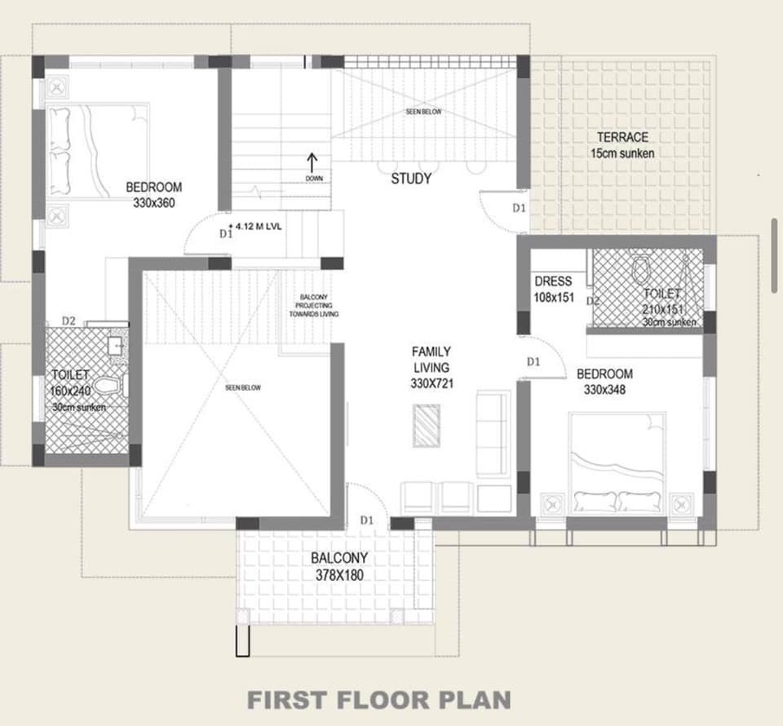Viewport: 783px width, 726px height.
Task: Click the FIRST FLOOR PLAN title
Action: [379, 699]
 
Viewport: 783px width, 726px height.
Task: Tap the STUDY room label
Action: [411, 179]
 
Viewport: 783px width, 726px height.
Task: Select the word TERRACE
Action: [622, 137]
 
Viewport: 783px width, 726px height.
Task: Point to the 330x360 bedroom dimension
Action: [154, 203]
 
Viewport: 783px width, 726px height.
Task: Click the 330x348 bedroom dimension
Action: [604, 390]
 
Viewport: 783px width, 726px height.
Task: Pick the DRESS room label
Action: [553, 281]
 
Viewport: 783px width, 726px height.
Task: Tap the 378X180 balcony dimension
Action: [339, 575]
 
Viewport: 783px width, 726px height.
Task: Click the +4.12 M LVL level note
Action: [257, 228]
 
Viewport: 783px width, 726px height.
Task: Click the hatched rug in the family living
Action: [426, 426]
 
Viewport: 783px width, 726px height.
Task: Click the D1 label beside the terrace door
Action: [519, 208]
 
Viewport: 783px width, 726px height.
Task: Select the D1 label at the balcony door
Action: [367, 520]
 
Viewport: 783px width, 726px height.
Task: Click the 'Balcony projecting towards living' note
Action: [319, 305]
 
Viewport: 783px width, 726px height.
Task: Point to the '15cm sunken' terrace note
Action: [622, 153]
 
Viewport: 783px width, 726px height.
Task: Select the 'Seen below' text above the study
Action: [423, 112]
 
